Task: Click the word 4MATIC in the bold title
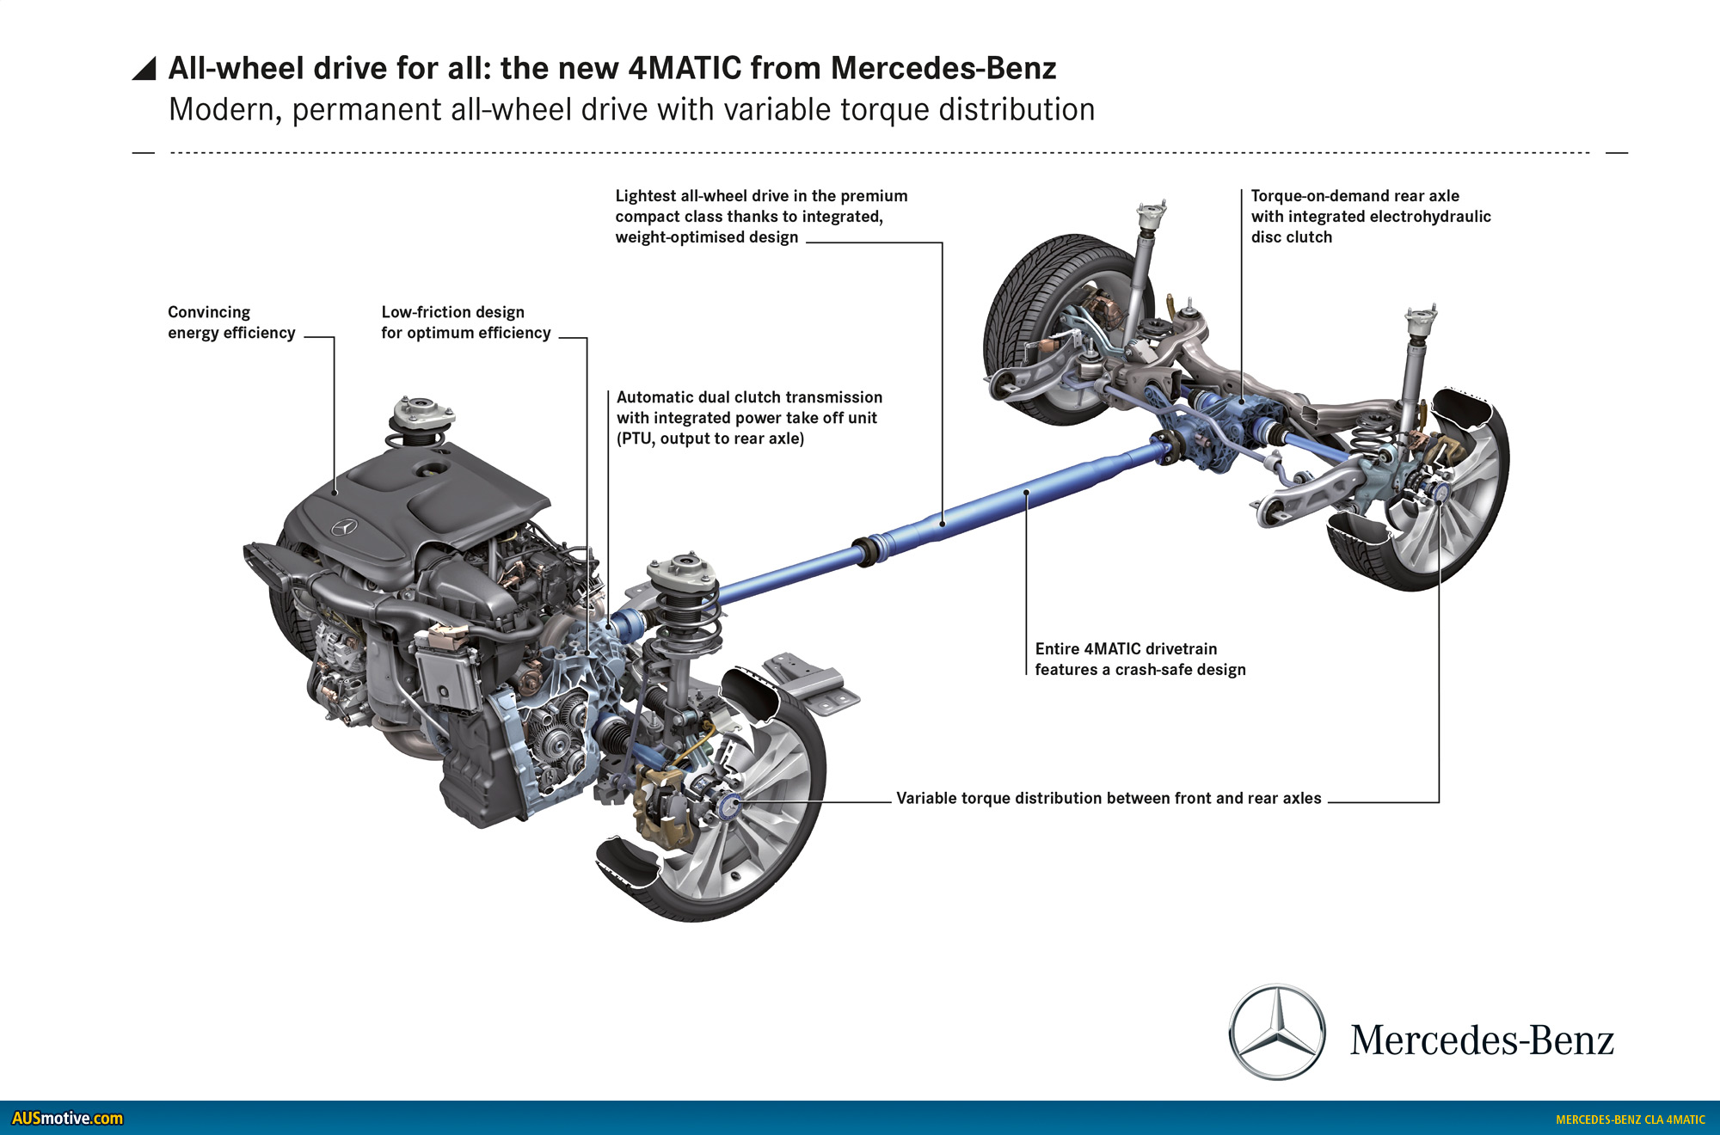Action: tap(685, 68)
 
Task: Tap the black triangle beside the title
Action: tap(144, 69)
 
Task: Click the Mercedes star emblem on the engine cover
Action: tap(344, 527)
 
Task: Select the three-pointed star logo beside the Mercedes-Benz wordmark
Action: tap(1277, 1032)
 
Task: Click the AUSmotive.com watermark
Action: tap(67, 1118)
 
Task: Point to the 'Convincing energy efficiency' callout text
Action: tap(230, 322)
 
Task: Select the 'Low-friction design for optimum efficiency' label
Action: tap(465, 322)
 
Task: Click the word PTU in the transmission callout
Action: tap(636, 439)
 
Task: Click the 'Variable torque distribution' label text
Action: tap(1108, 798)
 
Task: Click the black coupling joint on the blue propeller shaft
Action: tap(864, 550)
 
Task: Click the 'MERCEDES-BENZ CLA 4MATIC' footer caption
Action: tap(1630, 1120)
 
